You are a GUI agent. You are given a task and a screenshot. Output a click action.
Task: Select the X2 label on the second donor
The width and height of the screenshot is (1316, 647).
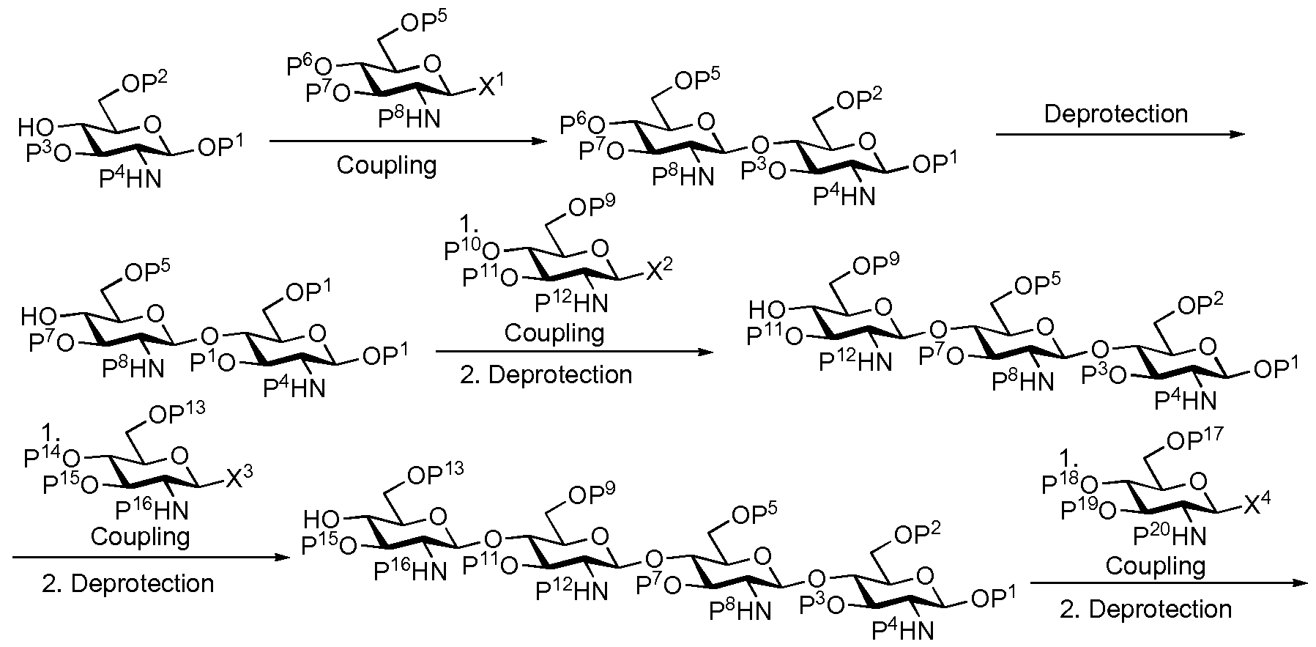(658, 274)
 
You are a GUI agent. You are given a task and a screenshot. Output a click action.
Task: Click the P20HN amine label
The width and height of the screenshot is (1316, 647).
(1169, 537)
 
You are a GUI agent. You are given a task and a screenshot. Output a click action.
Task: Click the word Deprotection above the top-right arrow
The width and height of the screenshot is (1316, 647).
(1115, 114)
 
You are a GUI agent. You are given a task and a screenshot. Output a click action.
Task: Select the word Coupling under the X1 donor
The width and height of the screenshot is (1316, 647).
(387, 165)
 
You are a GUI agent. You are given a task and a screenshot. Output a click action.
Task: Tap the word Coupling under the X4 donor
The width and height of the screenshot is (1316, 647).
(1155, 566)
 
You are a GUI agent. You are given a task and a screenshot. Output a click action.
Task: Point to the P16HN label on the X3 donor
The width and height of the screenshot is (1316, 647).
(152, 509)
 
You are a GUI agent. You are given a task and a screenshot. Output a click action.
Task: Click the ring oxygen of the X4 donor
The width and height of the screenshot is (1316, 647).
(1198, 479)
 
